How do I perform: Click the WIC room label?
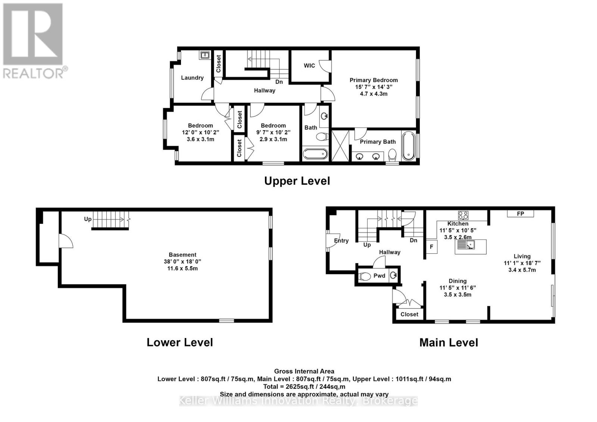pos(309,66)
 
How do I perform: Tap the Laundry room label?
pos(192,78)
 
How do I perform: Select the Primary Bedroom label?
pos(373,80)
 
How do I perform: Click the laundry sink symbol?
pos(205,55)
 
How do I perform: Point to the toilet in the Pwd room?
pos(364,276)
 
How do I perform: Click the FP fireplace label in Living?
pos(520,213)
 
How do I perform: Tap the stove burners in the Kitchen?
pos(463,215)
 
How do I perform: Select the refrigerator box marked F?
pos(431,247)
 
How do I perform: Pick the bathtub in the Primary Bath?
pos(408,146)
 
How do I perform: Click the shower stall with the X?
pos(340,146)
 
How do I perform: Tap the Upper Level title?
pos(297,181)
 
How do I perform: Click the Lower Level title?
pos(179,342)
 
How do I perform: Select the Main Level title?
pos(448,343)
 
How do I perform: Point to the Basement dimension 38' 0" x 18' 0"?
pos(182,262)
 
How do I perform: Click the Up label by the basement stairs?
pos(88,219)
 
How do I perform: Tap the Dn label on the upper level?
pos(279,82)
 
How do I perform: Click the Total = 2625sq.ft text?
pos(304,387)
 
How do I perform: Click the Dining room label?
pos(457,281)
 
